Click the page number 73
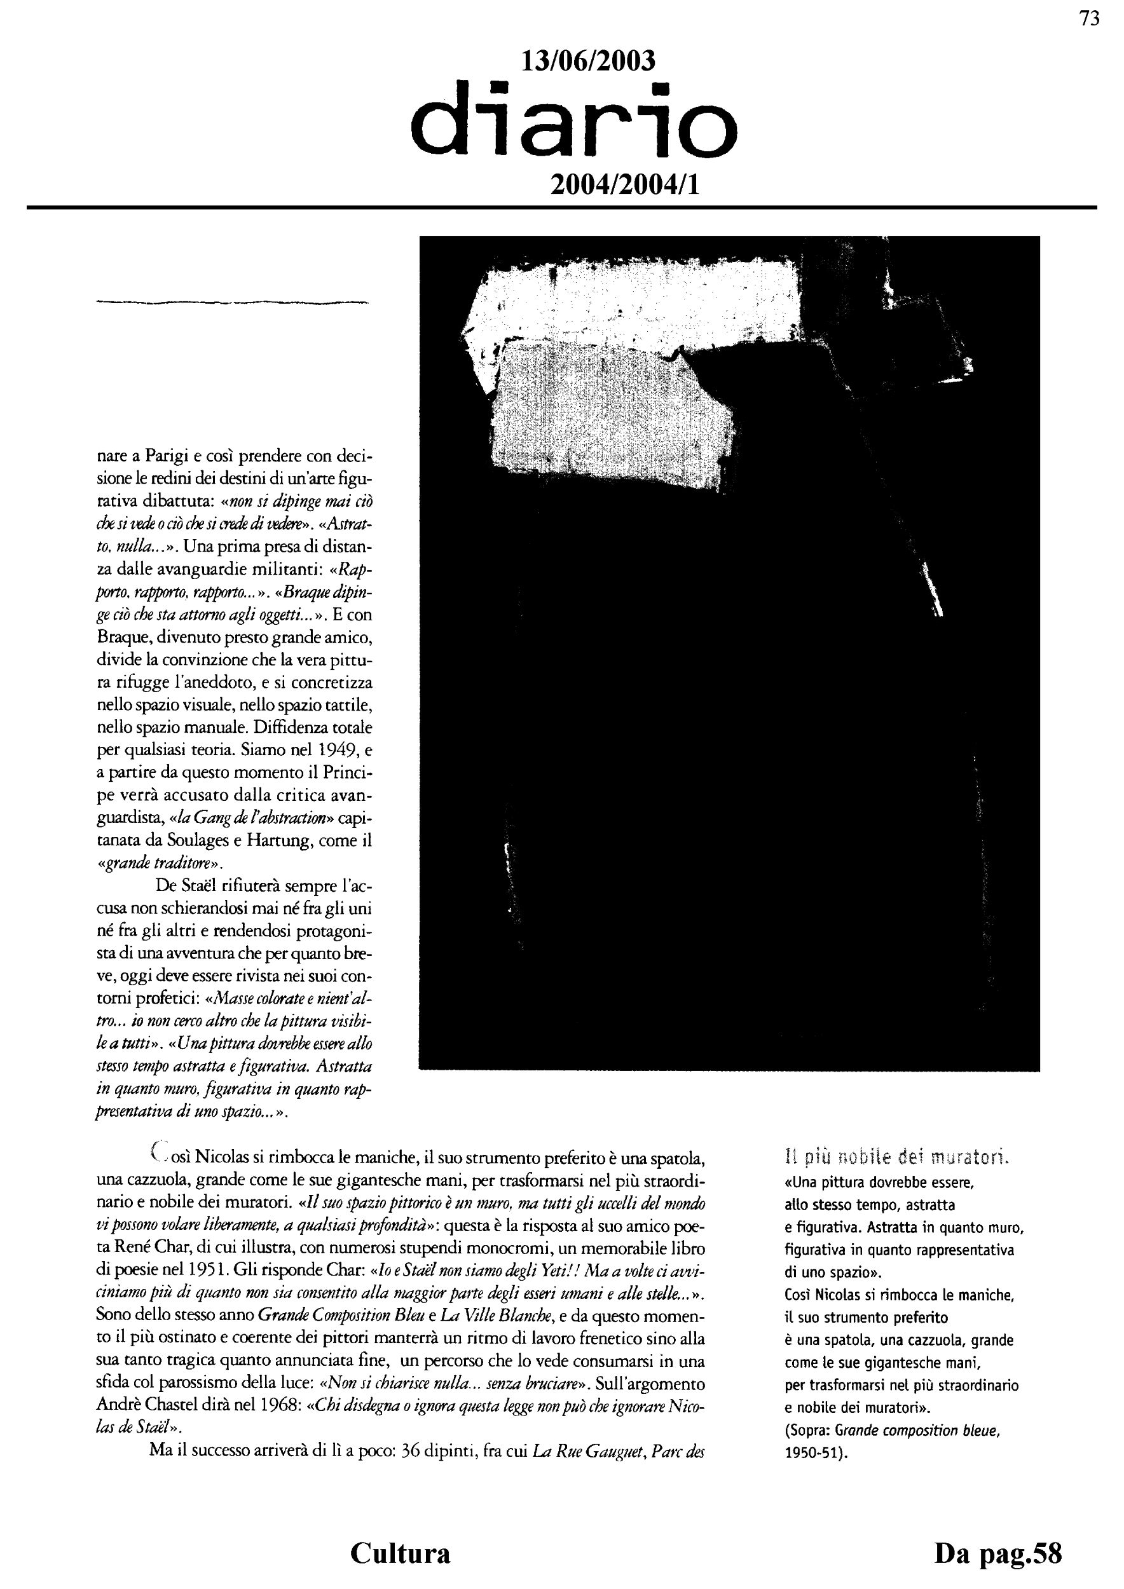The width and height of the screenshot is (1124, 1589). point(1090,19)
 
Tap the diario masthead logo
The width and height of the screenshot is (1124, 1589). point(574,119)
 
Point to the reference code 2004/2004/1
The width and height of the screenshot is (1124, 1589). point(624,185)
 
